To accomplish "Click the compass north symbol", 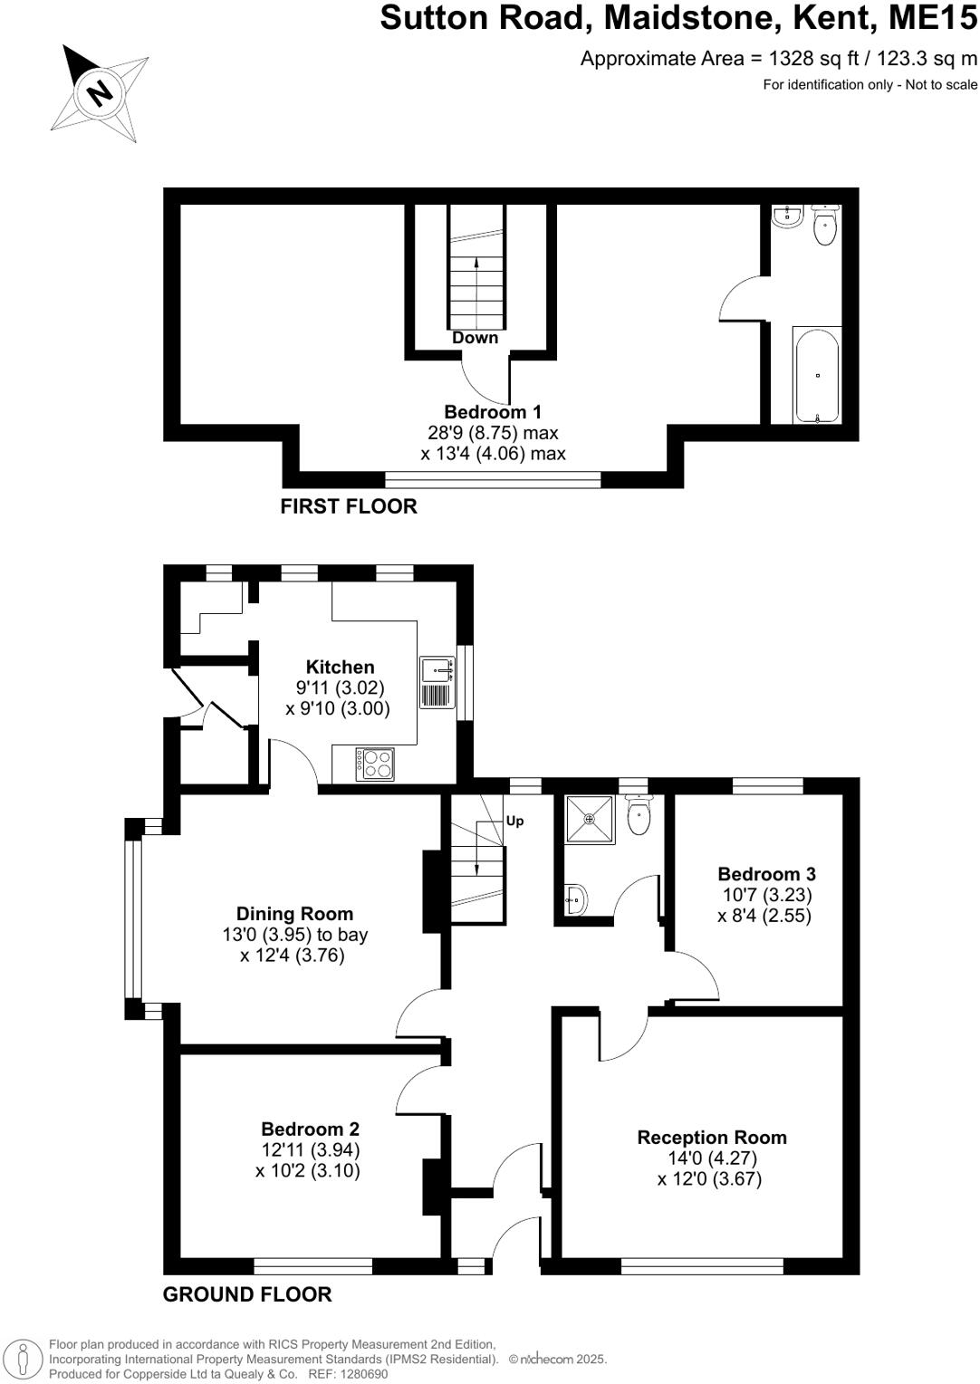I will (99, 92).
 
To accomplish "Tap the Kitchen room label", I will (340, 668).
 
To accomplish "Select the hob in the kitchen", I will (375, 764).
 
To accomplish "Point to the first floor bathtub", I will (817, 375).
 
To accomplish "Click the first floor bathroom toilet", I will (824, 226).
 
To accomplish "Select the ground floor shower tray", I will (589, 820).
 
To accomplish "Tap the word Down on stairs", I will (475, 338).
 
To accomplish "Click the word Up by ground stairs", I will (514, 822).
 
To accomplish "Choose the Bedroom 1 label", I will (492, 412).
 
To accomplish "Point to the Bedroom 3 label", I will (766, 874).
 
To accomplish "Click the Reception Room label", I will (712, 1138).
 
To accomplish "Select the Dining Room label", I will (294, 914).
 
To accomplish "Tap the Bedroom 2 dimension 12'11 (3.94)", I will (311, 1150).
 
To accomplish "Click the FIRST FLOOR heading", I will (349, 506).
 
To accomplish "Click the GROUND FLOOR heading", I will (247, 1295).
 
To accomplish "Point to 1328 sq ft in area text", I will (809, 59).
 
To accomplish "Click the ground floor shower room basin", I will (575, 899).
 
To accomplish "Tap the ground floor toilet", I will (639, 817).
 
